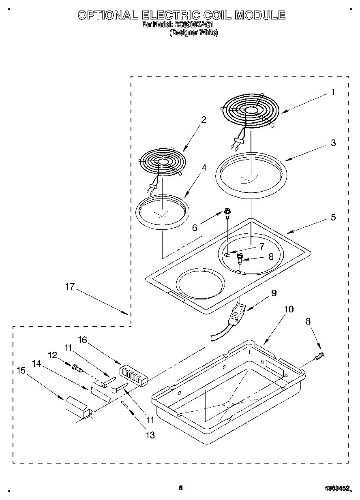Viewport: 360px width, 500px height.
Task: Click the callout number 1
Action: (x=333, y=92)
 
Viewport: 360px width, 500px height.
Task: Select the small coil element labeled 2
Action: (x=162, y=162)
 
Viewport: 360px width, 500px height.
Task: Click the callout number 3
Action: (x=333, y=143)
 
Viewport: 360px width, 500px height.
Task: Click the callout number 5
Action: (x=333, y=217)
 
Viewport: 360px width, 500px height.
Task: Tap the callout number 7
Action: (x=262, y=246)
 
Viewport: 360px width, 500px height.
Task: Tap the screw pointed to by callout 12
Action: (x=76, y=368)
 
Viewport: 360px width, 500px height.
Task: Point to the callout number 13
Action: (x=150, y=435)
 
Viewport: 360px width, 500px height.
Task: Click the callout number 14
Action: (x=36, y=363)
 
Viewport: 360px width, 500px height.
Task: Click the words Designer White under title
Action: (x=193, y=33)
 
